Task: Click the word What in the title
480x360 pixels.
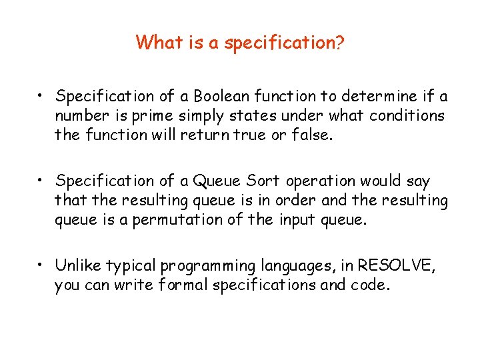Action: (x=155, y=43)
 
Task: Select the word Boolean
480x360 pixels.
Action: (x=218, y=97)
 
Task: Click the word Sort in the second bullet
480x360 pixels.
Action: (x=263, y=181)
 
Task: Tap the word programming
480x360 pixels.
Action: (x=207, y=267)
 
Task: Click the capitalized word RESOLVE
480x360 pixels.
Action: (x=395, y=266)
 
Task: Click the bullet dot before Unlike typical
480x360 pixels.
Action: (x=41, y=265)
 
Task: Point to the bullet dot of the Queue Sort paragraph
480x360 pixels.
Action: (x=41, y=181)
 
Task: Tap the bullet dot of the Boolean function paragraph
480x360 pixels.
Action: (x=41, y=96)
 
